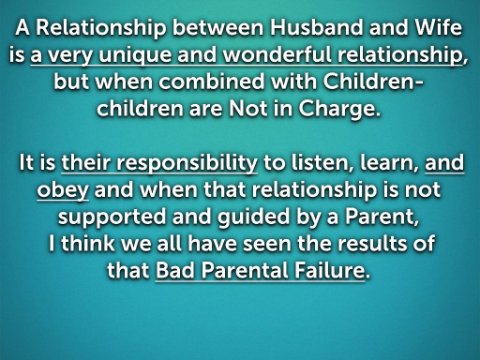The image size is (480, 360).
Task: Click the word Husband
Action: [316, 27]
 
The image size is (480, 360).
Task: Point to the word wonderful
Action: [277, 54]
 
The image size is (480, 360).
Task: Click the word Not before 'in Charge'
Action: [248, 109]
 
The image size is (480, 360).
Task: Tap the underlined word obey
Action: [63, 191]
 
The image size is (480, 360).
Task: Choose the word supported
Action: [112, 218]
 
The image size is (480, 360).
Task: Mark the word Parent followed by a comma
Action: [382, 217]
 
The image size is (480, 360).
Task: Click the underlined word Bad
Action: [175, 270]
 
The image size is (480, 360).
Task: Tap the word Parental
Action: [245, 270]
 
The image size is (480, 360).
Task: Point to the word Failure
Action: [329, 270]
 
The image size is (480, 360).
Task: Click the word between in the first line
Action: [218, 27]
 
